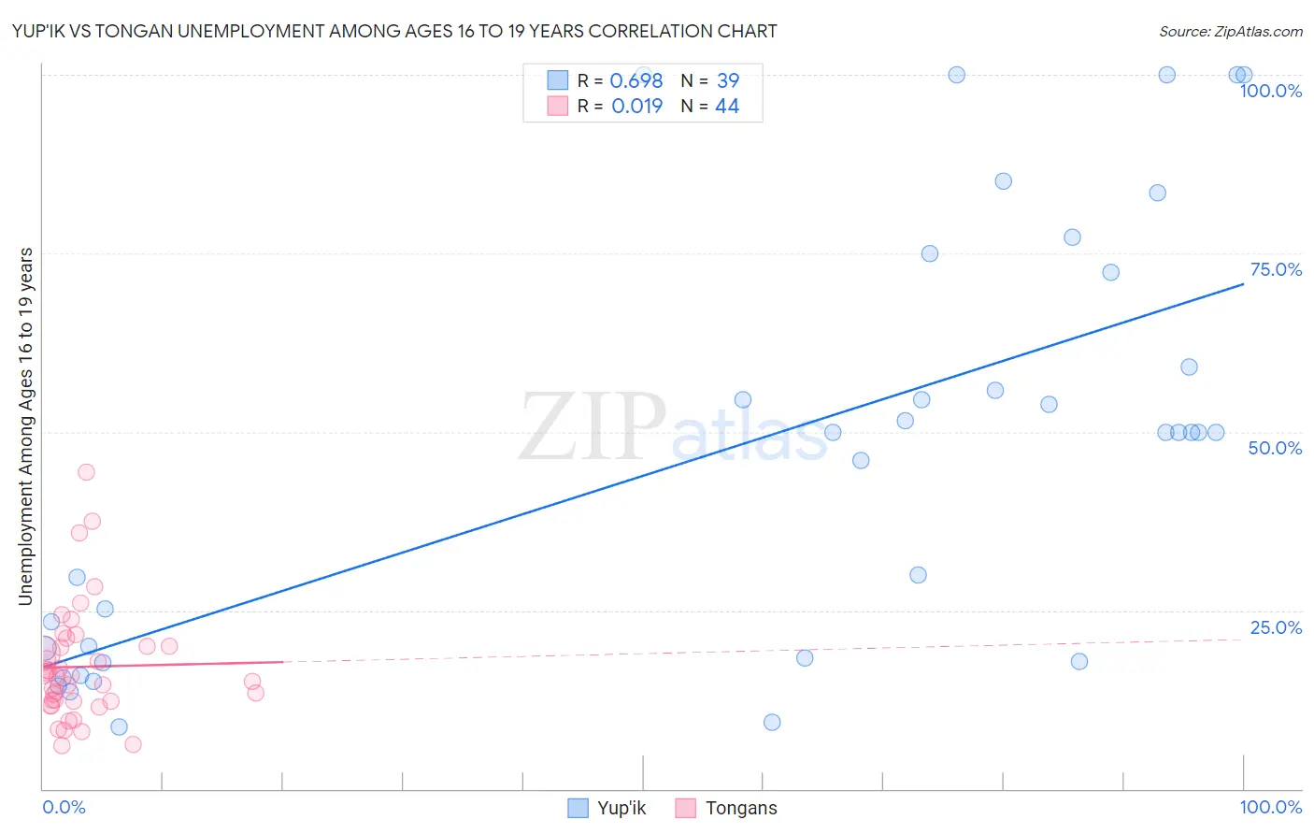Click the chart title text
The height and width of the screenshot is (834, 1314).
tap(394, 31)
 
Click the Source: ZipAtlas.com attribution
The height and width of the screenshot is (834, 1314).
tap(1230, 32)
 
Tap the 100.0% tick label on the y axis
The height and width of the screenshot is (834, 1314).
tap(1270, 91)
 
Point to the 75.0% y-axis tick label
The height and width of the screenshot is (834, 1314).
tap(1276, 269)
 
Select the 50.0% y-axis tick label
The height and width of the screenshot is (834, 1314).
tap(1275, 448)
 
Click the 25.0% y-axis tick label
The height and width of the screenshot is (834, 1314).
tap(1276, 627)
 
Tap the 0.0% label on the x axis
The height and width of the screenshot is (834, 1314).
tap(64, 807)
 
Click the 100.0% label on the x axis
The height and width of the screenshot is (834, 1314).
tap(1270, 807)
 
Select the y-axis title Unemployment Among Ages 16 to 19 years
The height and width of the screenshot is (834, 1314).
tap(26, 426)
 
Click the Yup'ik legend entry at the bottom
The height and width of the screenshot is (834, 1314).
tap(621, 808)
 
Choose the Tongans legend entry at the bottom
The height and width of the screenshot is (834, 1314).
tap(740, 808)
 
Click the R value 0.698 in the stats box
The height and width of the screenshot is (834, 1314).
tap(636, 81)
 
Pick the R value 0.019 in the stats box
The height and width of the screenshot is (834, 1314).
tap(636, 107)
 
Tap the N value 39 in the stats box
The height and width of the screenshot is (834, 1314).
tap(727, 81)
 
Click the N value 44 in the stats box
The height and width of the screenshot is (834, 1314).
tap(726, 107)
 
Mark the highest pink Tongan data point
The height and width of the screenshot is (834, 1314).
tap(86, 472)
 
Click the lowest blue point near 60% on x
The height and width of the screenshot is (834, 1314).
tap(772, 722)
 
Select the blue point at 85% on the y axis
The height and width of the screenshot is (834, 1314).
tap(1003, 181)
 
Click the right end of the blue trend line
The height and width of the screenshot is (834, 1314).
tap(1243, 283)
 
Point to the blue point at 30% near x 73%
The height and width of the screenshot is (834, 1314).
tap(918, 575)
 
